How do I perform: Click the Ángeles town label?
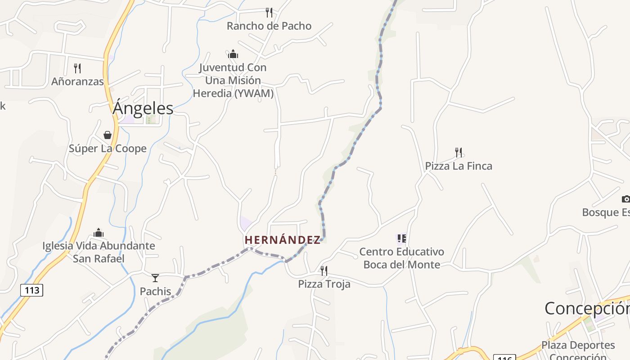143,108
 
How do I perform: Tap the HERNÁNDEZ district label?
283,240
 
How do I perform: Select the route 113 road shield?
32,290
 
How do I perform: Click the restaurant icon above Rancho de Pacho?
269,12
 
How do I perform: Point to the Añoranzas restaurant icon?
77,68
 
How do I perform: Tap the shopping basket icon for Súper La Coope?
108,135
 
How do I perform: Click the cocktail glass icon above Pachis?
155,278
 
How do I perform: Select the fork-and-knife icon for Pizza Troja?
324,270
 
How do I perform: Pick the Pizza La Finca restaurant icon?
459,153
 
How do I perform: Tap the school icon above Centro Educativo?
401,238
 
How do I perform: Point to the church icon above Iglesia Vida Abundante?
99,233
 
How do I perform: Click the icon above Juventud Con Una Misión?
233,54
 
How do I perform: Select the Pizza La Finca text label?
459,166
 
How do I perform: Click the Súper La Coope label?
108,148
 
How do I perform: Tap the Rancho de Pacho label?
269,26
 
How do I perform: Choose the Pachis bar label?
155,292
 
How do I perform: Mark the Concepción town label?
587,309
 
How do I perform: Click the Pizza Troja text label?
324,284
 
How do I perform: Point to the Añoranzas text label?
77,81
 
